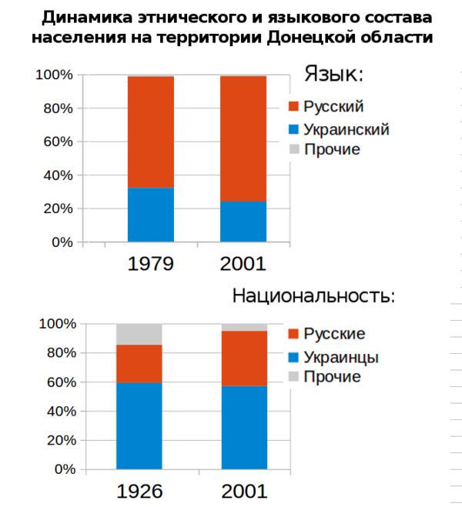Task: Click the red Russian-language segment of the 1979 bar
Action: pyautogui.click(x=150, y=132)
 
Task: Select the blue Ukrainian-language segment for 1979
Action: pyautogui.click(x=150, y=215)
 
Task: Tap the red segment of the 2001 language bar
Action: pyautogui.click(x=243, y=138)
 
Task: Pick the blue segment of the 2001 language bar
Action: pyautogui.click(x=243, y=222)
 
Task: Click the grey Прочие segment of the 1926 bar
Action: pyautogui.click(x=139, y=334)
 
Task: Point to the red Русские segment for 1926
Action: pyautogui.click(x=139, y=363)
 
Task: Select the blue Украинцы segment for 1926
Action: pyautogui.click(x=139, y=425)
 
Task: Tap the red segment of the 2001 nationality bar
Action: pyautogui.click(x=244, y=358)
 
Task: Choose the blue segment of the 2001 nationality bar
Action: pyautogui.click(x=244, y=427)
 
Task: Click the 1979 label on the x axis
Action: pyautogui.click(x=150, y=264)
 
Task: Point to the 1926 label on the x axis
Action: pyautogui.click(x=139, y=492)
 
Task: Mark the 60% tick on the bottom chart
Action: pyautogui.click(x=59, y=382)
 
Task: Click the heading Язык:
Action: pyautogui.click(x=333, y=74)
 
